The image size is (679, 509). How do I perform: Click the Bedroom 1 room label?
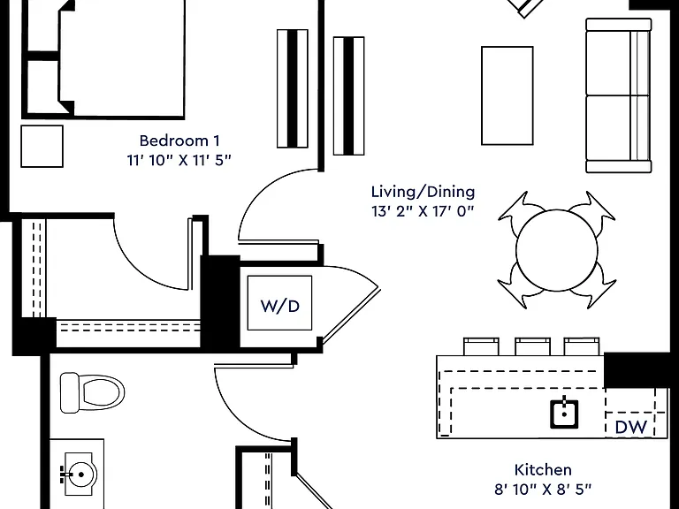179,141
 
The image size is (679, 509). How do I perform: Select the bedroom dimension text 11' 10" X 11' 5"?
179,160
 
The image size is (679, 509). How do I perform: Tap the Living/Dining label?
423,192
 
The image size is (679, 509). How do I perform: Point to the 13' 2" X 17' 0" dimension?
423,211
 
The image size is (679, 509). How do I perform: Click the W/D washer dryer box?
279,303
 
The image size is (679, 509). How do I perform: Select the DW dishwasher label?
631,427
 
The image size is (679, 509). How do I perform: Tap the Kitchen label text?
543,469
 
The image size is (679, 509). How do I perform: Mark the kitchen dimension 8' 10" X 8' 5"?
543,489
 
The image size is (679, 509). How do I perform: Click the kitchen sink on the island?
564,414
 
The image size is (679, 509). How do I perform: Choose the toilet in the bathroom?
92,393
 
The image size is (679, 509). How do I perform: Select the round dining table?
556,250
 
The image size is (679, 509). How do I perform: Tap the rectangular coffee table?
507,95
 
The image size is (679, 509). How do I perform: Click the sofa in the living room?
619,95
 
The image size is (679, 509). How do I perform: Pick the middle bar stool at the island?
532,346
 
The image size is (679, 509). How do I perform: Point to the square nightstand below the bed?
42,147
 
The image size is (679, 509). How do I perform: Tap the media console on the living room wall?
348,95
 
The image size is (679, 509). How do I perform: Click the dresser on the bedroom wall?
293,88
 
